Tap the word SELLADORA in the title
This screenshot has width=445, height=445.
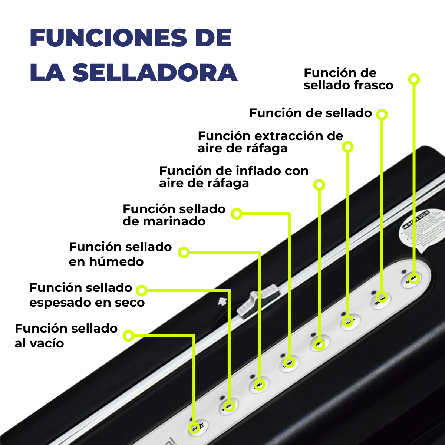point(155,73)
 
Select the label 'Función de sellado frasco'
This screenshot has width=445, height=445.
point(348,79)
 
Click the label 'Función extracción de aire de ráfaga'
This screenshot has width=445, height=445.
point(270,142)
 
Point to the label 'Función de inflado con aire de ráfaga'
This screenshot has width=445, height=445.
point(234,177)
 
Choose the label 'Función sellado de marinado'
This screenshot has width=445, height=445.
point(174,215)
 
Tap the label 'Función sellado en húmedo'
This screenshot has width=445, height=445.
point(120,254)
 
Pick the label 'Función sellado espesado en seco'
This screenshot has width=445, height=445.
point(87,295)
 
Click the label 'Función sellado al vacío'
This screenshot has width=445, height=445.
point(66,336)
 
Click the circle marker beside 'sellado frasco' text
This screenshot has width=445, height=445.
point(414,79)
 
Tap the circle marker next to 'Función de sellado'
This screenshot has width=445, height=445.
point(382,114)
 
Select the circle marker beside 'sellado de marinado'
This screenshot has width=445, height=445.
point(237,214)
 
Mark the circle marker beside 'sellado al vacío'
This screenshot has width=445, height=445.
point(128,335)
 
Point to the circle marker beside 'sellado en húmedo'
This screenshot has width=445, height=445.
point(184,253)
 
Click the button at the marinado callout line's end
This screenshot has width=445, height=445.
point(290,362)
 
